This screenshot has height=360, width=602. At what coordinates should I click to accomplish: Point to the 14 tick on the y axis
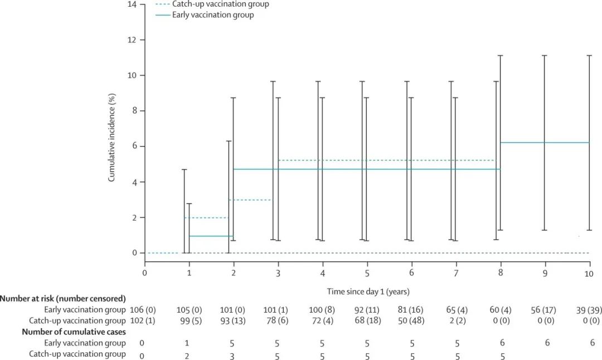[x=133, y=4]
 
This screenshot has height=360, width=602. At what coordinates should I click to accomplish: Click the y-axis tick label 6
[x=134, y=147]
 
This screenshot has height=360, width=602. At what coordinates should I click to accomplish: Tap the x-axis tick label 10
[x=588, y=273]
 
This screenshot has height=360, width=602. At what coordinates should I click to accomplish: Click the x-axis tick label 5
[x=367, y=273]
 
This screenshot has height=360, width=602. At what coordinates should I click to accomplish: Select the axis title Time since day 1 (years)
[x=368, y=291]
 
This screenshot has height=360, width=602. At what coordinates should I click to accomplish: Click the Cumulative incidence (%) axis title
[x=111, y=145]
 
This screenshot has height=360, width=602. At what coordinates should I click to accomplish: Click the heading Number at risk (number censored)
[x=63, y=298]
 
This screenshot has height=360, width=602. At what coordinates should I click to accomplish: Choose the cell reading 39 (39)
[x=589, y=309]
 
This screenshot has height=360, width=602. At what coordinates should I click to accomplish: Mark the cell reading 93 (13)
[x=234, y=320]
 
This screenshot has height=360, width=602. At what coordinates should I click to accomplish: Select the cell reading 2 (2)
[x=456, y=320]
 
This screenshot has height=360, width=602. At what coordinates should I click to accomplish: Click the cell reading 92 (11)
[x=367, y=309]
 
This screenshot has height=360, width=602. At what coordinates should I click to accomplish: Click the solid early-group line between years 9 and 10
[x=567, y=143]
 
